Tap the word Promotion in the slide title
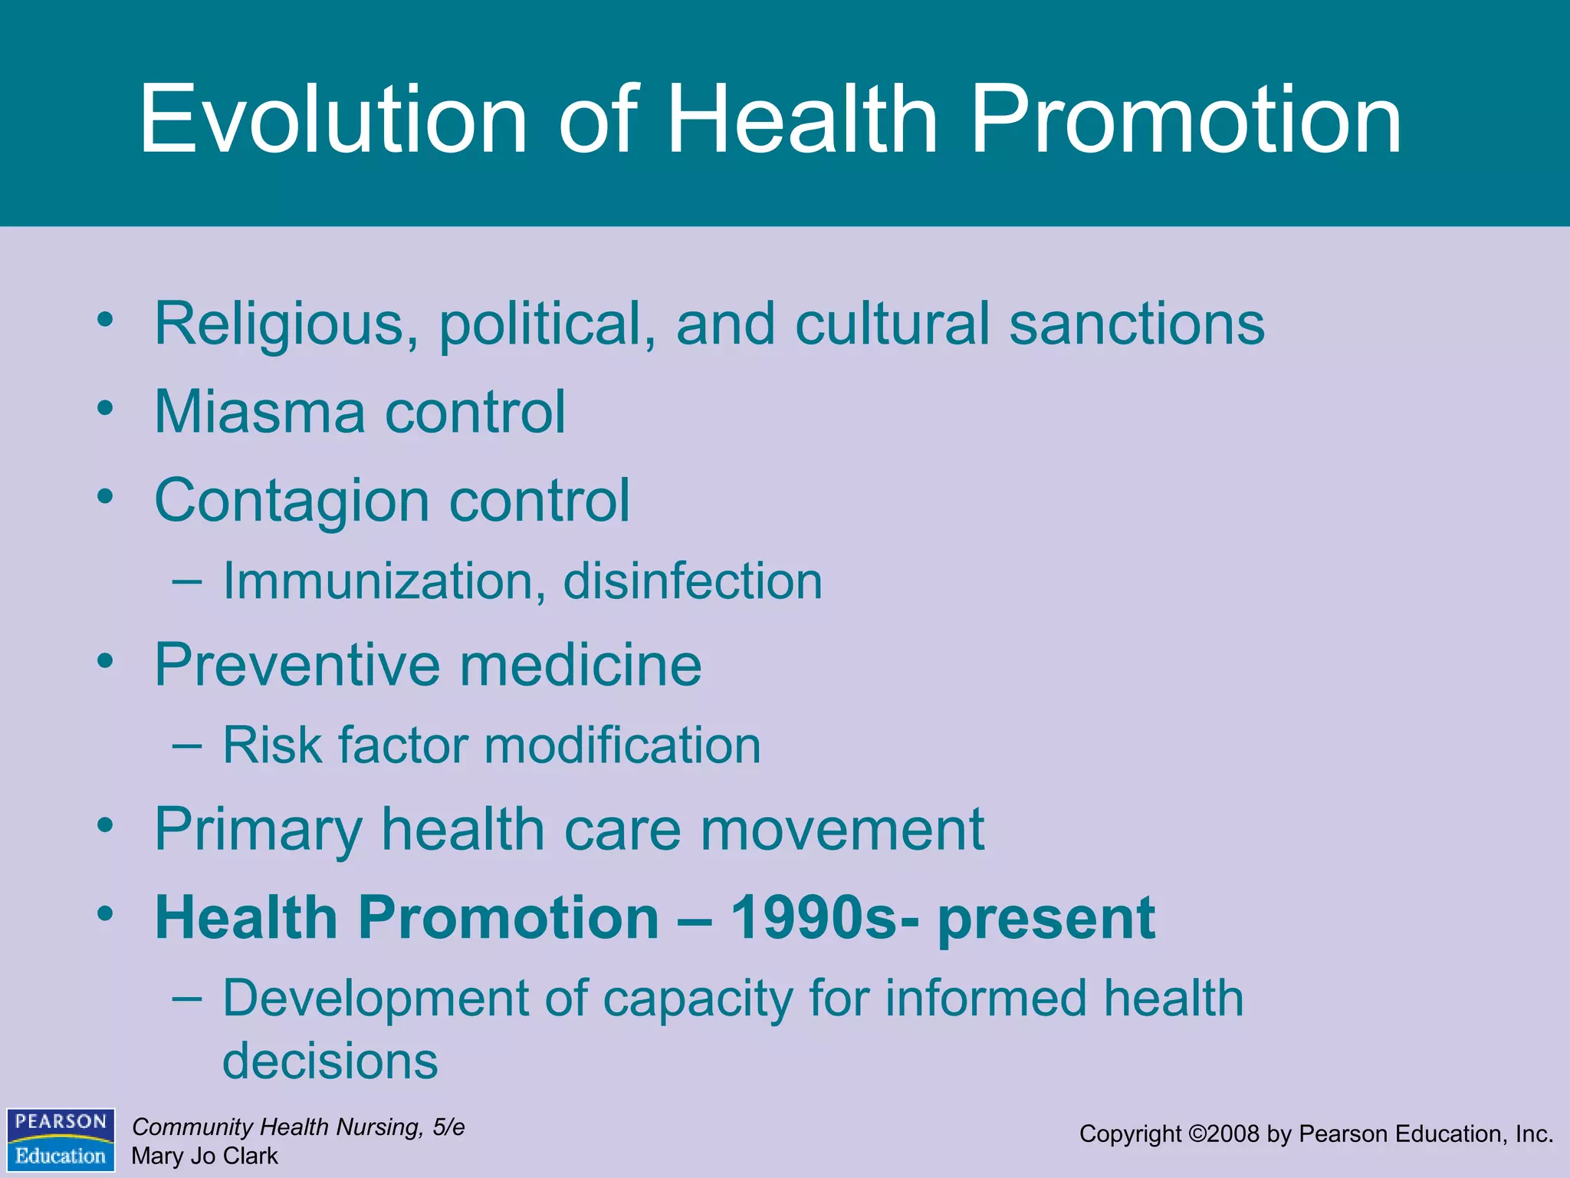point(1186,120)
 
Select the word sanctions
point(1137,324)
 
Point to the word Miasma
point(260,413)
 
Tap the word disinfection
point(692,581)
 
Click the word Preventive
point(297,665)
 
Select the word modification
point(622,745)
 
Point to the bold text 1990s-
point(824,918)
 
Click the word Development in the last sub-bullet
point(375,999)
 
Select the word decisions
point(330,1062)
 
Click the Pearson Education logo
point(61,1139)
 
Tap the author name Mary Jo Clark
point(205,1156)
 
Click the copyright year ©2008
point(1223,1134)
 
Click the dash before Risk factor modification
point(187,745)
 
